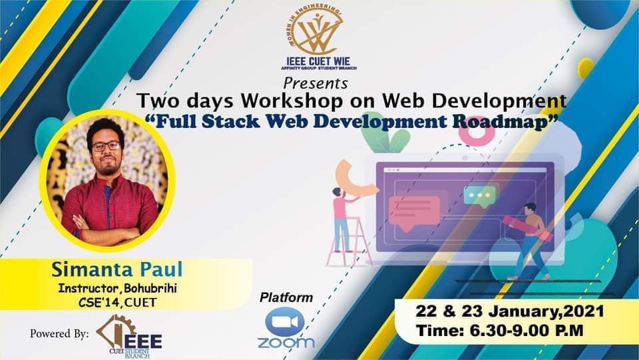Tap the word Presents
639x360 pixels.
[315, 84]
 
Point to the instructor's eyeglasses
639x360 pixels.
[106, 145]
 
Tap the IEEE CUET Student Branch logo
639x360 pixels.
[129, 337]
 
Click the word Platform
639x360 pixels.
[286, 297]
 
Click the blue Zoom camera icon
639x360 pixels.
[285, 321]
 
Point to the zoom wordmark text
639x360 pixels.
[286, 343]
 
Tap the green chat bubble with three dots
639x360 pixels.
[479, 195]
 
